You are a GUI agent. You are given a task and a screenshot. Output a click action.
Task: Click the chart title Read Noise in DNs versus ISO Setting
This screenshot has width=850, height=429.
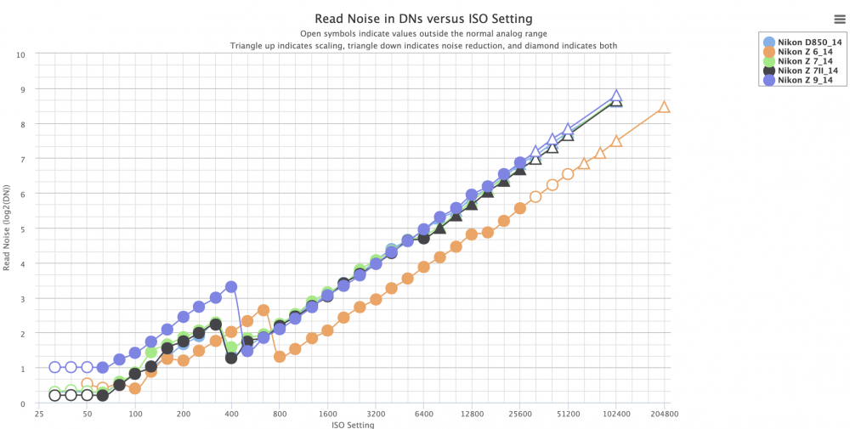[x=423, y=19]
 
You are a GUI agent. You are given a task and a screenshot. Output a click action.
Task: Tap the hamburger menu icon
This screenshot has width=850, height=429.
[x=839, y=20]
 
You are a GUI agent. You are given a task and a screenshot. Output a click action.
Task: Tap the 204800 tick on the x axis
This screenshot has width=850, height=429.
[x=664, y=415]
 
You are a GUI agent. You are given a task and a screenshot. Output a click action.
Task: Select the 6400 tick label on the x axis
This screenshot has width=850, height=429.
[x=424, y=415]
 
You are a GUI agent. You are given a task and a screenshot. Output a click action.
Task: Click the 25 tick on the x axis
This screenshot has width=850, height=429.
[x=39, y=415]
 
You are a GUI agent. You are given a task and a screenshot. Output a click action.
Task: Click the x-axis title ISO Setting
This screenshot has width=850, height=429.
[x=353, y=425]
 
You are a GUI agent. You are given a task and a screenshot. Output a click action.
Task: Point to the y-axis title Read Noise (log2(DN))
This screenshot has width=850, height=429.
[x=7, y=229]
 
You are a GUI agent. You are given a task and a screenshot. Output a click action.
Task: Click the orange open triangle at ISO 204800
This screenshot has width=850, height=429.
[x=664, y=107]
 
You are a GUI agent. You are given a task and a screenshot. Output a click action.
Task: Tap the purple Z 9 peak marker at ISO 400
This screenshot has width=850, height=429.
[x=231, y=286]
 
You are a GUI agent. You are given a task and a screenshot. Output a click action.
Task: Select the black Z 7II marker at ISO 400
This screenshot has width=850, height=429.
[x=231, y=358]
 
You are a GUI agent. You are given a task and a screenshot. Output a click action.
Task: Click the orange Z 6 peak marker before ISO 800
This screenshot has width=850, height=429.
[x=263, y=310]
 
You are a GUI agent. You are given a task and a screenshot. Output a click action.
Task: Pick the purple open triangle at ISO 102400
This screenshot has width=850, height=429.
[x=615, y=96]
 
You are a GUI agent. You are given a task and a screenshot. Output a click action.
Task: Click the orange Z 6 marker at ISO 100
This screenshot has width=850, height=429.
[x=135, y=388]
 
